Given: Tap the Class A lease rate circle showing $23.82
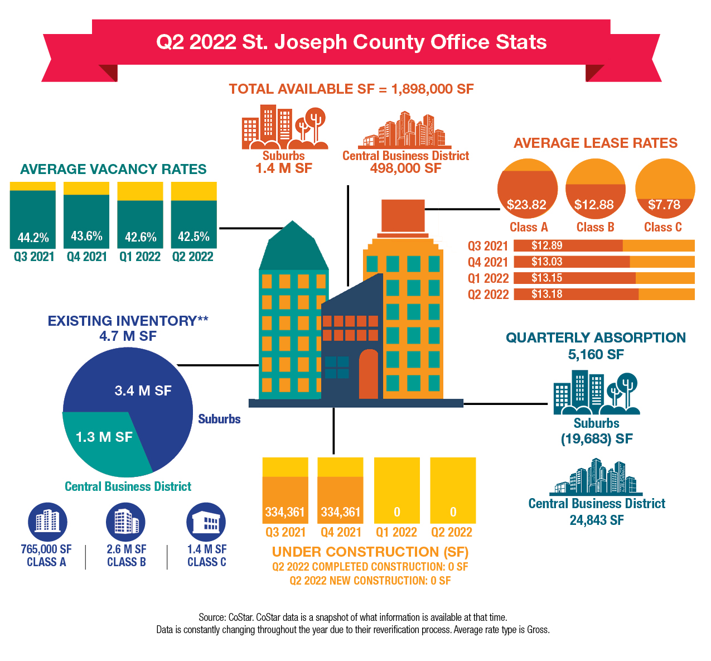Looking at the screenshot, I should pyautogui.click(x=527, y=189).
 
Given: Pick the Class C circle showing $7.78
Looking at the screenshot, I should pyautogui.click(x=665, y=189).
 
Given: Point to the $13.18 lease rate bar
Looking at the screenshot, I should pyautogui.click(x=603, y=294).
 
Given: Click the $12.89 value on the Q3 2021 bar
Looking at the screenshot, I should pyautogui.click(x=546, y=245).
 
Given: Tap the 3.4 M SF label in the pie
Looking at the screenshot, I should pyautogui.click(x=143, y=390).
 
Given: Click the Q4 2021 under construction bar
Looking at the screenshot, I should pyautogui.click(x=340, y=491).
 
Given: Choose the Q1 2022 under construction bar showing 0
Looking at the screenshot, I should pyautogui.click(x=396, y=491).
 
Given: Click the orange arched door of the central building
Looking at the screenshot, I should pyautogui.click(x=369, y=374).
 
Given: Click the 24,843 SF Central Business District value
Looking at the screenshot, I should pyautogui.click(x=597, y=520).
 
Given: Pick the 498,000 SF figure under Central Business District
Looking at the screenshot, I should pyautogui.click(x=405, y=168).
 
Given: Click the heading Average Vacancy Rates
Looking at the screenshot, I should pyautogui.click(x=113, y=170).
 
